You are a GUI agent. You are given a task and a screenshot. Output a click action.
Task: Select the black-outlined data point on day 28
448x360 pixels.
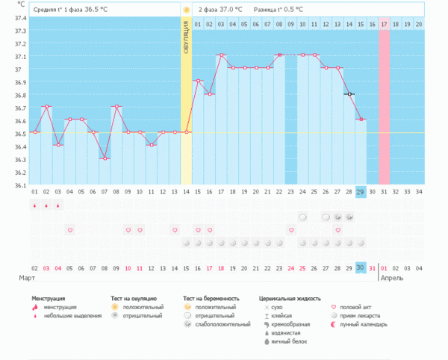click(349, 94)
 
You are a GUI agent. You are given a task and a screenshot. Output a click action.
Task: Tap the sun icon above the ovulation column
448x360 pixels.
click(186, 10)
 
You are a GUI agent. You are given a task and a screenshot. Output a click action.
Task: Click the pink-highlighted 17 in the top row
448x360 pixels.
click(384, 24)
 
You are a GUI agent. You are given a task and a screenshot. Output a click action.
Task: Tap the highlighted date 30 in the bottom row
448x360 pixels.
click(361, 267)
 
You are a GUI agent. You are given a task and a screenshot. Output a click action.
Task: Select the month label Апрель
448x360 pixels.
click(393, 277)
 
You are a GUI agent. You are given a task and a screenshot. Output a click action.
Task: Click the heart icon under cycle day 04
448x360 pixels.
click(70, 230)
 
